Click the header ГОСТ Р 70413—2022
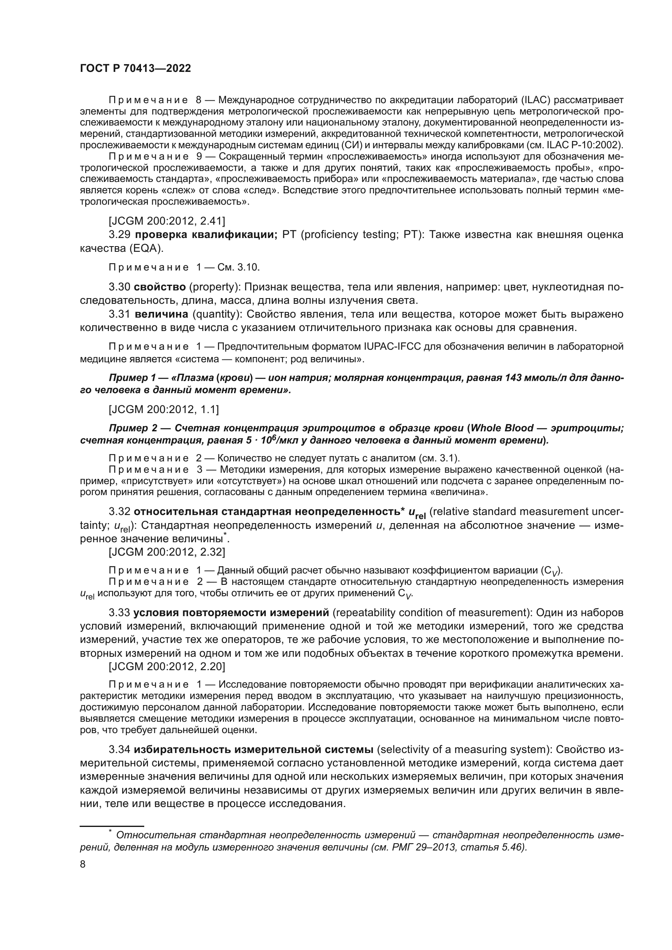pos(135,69)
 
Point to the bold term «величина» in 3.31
pos(162,314)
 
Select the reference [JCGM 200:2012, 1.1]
pos(163,409)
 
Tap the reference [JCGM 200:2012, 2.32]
pos(167,552)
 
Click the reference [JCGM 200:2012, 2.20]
pos(167,666)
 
